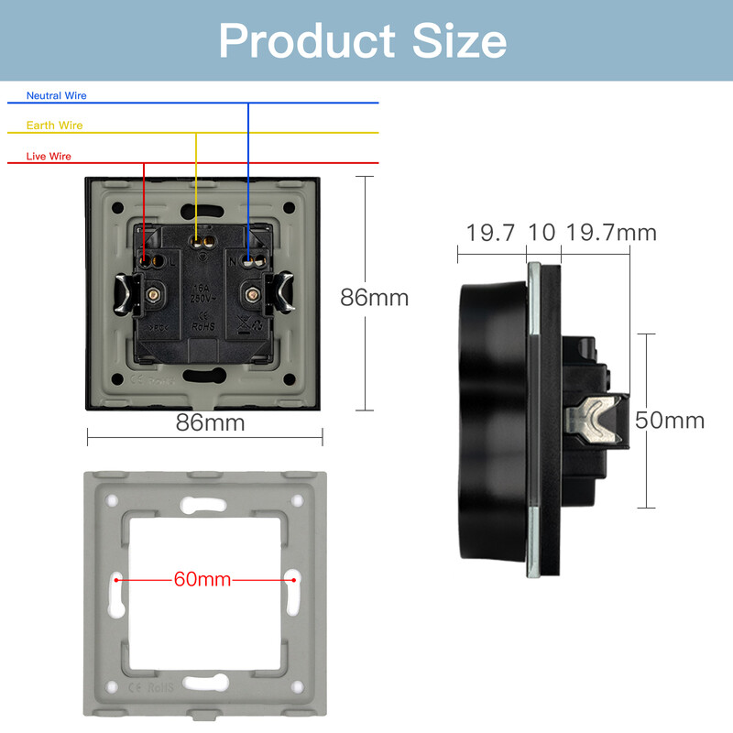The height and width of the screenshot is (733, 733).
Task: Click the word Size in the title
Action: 458,41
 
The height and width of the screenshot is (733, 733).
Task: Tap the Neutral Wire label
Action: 56,95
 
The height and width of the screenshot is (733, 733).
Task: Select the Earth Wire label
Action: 54,126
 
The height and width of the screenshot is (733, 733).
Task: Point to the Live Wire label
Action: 49,157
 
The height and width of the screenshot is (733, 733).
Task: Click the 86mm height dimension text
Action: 374,298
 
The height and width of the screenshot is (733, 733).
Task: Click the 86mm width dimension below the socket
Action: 210,422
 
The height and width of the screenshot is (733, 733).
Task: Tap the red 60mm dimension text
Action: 202,580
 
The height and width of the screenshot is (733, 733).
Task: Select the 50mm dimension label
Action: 670,420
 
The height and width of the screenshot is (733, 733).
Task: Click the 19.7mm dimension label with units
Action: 610,233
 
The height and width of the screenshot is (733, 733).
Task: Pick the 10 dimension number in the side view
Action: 542,233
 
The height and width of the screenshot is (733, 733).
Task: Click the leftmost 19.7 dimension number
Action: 490,233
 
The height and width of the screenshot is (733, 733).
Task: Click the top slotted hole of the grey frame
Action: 204,504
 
